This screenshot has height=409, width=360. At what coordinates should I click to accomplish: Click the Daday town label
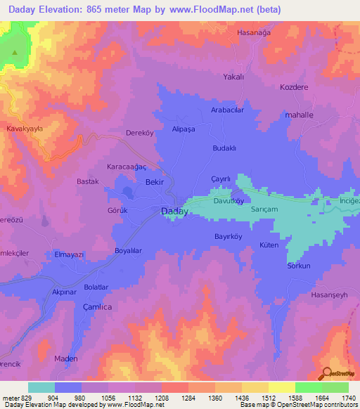coord(174,210)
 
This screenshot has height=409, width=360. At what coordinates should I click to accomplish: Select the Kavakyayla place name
coord(25,129)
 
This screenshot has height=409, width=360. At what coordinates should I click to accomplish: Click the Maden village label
coord(66,358)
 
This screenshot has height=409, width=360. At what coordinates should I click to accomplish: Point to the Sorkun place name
coord(298,266)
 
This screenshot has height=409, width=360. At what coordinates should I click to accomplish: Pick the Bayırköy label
coord(228,236)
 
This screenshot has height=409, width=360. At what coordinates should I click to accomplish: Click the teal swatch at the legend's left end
coord(41,387)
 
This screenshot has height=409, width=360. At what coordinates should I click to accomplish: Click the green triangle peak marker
coord(14,52)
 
